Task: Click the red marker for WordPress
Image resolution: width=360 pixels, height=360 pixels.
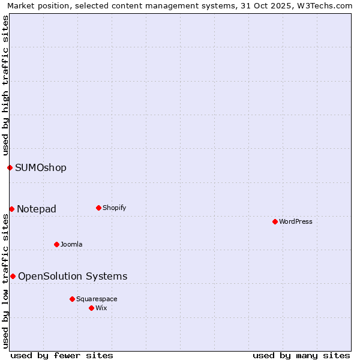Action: (275, 221)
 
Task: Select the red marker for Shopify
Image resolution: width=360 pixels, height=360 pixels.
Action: (98, 208)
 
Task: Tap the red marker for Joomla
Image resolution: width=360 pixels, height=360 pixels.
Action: (56, 244)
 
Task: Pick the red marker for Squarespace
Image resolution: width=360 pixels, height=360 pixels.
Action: (72, 299)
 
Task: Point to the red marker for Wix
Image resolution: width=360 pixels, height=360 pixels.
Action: (91, 308)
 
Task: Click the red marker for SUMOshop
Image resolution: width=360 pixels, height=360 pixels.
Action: (10, 167)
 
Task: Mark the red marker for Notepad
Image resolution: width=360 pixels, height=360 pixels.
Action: (11, 209)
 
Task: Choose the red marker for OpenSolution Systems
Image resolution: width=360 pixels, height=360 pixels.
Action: (13, 276)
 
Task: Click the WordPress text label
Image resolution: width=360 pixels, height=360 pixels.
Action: (296, 221)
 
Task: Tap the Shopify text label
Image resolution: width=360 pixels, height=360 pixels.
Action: (114, 208)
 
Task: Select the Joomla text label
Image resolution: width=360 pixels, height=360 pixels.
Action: (71, 244)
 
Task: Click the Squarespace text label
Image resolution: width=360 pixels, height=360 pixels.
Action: (97, 299)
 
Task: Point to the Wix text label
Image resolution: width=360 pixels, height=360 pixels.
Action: (101, 308)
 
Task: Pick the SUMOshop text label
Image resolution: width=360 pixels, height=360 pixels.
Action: (41, 167)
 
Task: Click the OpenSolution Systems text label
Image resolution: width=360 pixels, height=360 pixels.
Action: (73, 276)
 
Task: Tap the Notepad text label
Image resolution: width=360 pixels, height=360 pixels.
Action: (37, 209)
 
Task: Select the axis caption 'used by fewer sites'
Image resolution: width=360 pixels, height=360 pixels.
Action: (62, 355)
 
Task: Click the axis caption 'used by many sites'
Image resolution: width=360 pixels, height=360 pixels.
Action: (301, 355)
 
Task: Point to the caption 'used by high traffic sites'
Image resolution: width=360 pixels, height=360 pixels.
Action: (5, 86)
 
